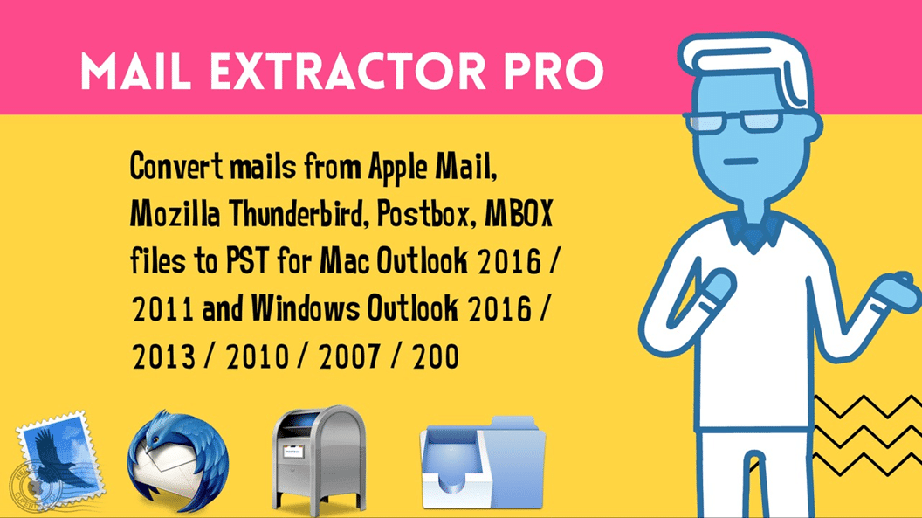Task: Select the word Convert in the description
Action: [171, 167]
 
